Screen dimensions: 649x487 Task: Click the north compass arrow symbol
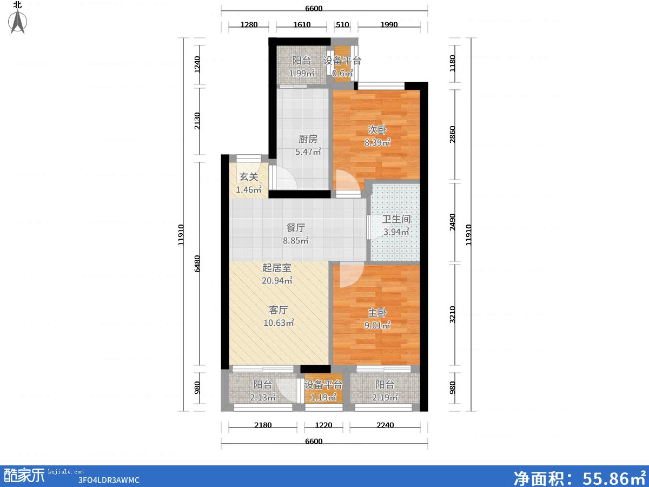(x=18, y=22)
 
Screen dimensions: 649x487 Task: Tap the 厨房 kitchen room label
(x=308, y=139)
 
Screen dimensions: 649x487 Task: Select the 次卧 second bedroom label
(x=378, y=129)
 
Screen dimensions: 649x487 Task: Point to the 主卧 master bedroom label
(x=378, y=313)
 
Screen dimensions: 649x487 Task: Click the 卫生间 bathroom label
(x=396, y=219)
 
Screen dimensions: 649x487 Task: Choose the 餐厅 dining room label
(x=296, y=228)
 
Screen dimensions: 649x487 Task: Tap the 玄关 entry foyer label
(x=249, y=177)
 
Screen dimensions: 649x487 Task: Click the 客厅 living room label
(x=278, y=310)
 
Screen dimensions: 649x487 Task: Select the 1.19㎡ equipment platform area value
(x=323, y=397)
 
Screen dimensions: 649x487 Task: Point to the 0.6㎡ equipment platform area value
(x=342, y=73)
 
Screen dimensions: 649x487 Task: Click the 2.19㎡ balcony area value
(x=385, y=397)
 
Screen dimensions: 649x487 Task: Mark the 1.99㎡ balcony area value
(x=302, y=73)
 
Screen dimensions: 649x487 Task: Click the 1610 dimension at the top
(x=302, y=24)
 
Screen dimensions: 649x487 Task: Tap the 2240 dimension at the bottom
(x=385, y=425)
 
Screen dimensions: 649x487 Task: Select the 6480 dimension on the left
(x=197, y=264)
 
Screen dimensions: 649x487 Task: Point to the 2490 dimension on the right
(x=452, y=222)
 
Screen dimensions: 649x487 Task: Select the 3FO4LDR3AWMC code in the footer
(x=109, y=480)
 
